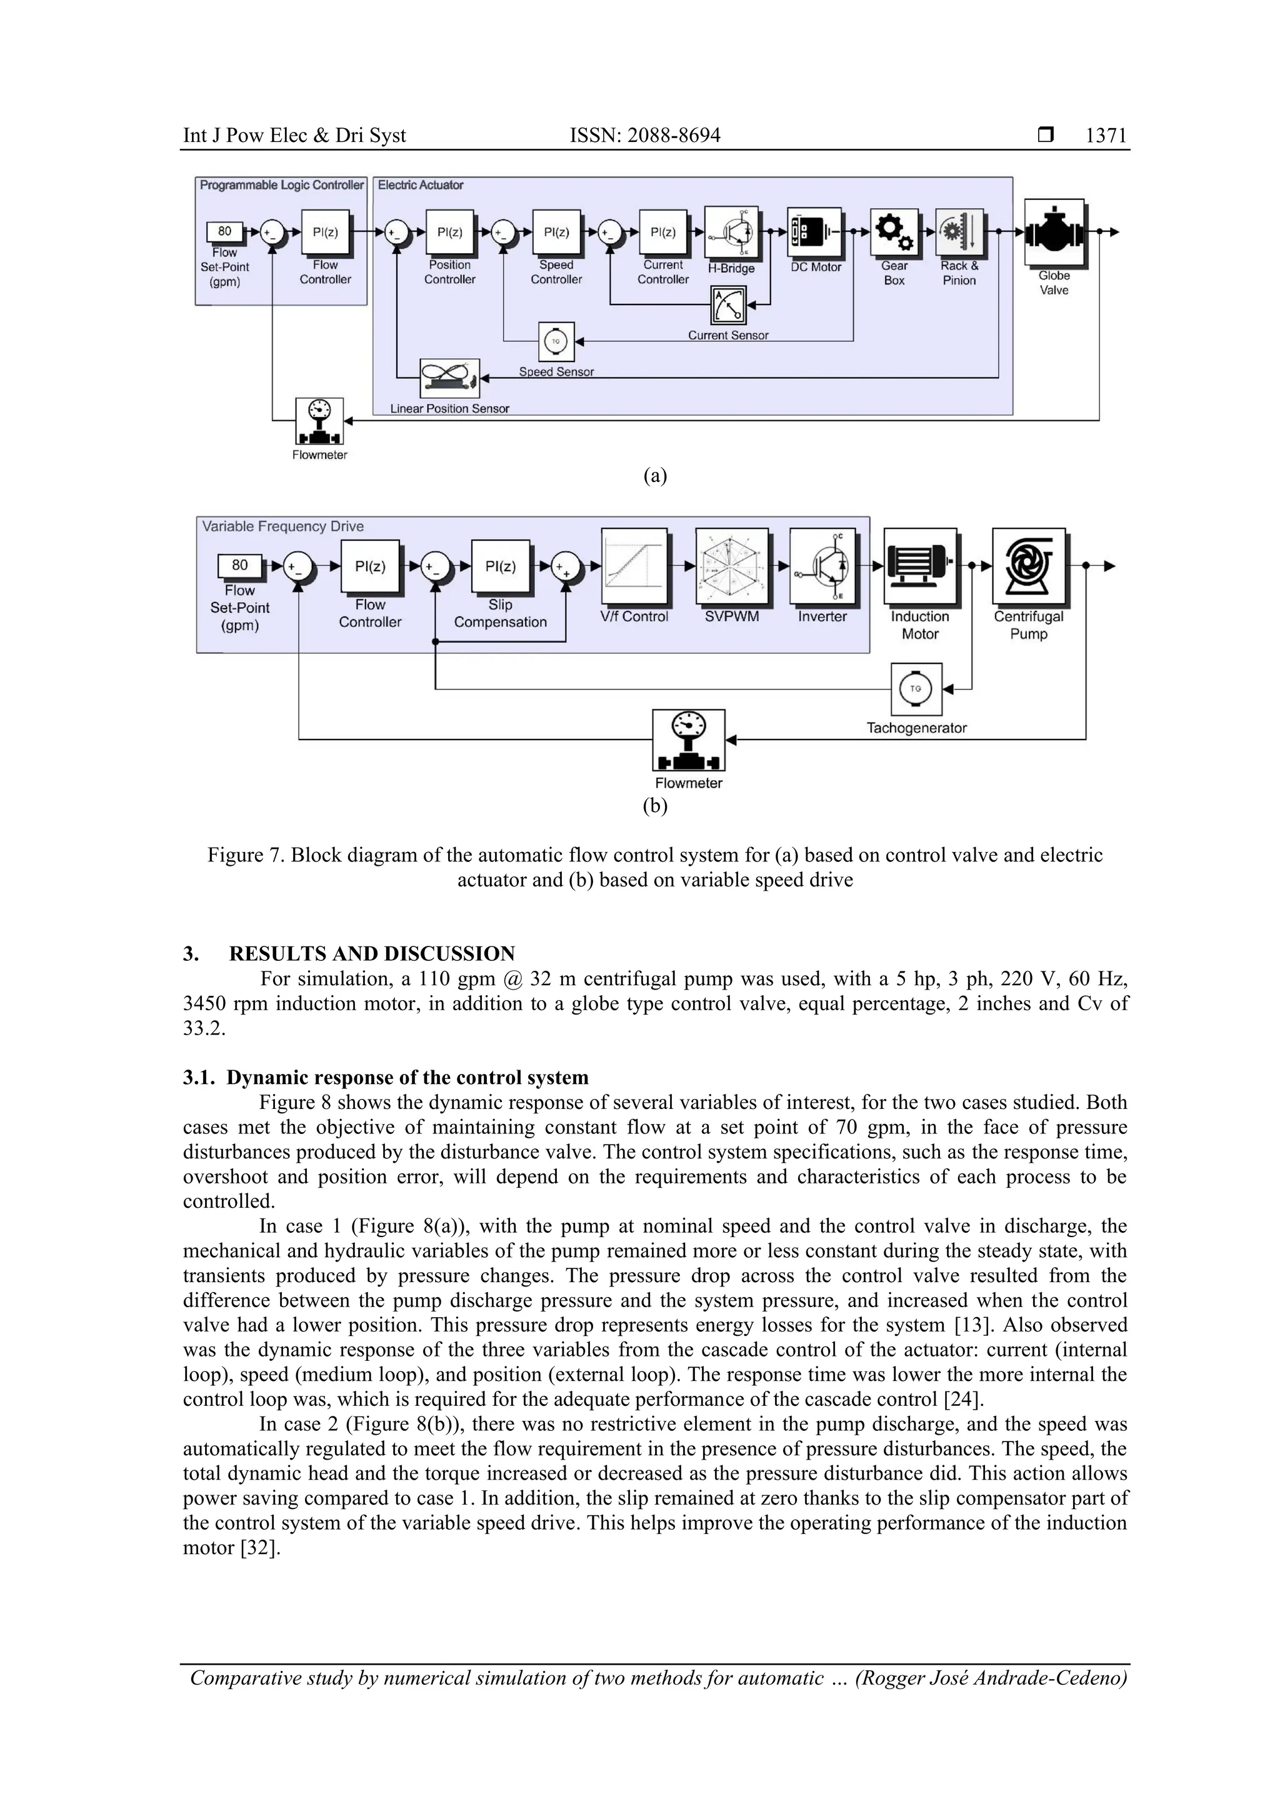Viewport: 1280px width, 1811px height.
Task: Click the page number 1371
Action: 1106,136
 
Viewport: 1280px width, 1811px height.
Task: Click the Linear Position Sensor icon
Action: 449,378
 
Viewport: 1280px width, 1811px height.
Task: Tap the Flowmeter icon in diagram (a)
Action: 319,421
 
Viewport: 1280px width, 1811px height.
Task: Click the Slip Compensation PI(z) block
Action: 500,566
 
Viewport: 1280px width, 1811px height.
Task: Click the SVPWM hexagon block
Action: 731,566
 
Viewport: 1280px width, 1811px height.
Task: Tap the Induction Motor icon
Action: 919,566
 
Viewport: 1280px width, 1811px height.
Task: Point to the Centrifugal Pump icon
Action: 1028,566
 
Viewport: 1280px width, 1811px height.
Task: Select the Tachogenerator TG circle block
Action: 916,689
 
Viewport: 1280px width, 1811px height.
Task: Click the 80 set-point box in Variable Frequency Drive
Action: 240,566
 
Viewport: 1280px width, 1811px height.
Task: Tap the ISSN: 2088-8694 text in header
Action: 644,136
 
